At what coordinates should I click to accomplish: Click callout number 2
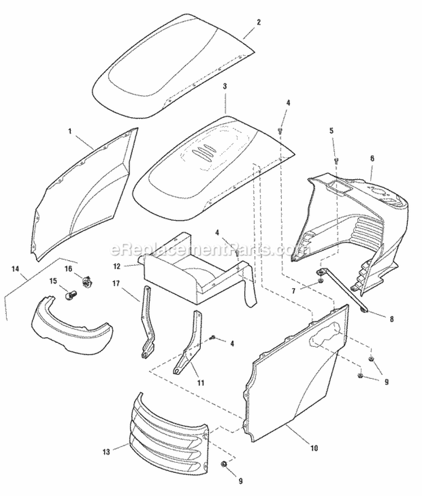[259, 23]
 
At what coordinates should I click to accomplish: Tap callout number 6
[372, 159]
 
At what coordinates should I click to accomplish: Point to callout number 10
[314, 448]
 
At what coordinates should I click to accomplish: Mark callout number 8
[392, 318]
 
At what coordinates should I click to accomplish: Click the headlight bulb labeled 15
[71, 293]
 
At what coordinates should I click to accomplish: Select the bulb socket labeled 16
[86, 280]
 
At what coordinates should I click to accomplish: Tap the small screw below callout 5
[336, 160]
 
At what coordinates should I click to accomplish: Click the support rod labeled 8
[343, 290]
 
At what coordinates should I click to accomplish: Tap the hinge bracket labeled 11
[190, 346]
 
